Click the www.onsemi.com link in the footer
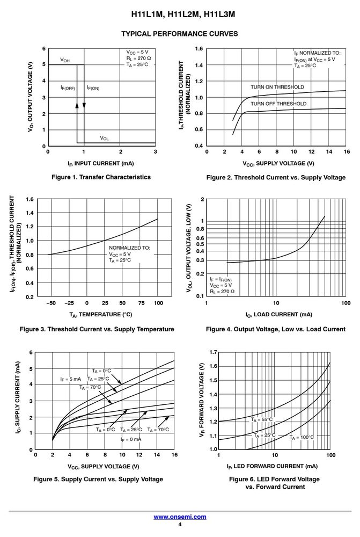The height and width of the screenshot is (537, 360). point(180,517)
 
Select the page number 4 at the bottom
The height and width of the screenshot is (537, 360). point(180,524)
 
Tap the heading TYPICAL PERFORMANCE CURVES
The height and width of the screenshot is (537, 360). point(180,34)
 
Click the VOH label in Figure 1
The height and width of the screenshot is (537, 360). point(65,60)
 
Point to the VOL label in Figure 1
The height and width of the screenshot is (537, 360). point(105,138)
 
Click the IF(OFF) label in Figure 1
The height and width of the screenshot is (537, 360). point(68,88)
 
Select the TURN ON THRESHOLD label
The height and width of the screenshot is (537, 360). point(277,87)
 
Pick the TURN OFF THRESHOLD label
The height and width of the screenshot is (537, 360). point(278,104)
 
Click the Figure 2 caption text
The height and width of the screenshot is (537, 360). point(276,177)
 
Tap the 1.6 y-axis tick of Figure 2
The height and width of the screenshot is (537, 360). point(199,49)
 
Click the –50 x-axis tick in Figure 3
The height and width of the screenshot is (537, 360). point(51,303)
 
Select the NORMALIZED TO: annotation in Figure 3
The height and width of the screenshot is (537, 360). point(129,248)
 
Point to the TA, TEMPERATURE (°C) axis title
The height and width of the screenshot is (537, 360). point(101,315)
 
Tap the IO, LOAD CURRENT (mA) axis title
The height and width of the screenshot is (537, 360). point(279,315)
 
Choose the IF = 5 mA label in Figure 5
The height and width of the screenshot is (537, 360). point(70,379)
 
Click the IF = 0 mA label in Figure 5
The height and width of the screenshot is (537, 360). point(131,439)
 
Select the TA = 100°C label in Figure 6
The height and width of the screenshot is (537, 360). point(302,437)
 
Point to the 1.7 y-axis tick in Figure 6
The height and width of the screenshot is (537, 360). point(213,352)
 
